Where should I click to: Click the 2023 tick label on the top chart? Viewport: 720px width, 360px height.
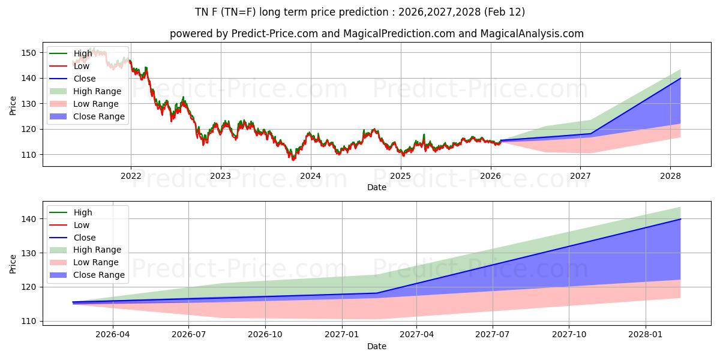[x=220, y=176]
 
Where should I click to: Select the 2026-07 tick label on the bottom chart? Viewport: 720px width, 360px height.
[x=189, y=334]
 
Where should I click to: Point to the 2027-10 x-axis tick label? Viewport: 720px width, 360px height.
[x=569, y=334]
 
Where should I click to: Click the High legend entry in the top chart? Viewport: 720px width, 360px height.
[x=83, y=53]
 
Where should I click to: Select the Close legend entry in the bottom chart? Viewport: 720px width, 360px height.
[x=85, y=238]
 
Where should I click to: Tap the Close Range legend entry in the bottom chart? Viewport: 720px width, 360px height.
[x=99, y=275]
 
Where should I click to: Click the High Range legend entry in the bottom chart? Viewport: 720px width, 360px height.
[x=97, y=250]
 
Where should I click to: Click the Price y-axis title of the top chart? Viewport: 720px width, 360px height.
[x=13, y=106]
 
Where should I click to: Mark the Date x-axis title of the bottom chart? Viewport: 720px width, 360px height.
[x=376, y=346]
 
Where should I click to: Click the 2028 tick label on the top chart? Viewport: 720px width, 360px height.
[x=670, y=176]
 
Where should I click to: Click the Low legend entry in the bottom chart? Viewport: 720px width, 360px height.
[x=82, y=225]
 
